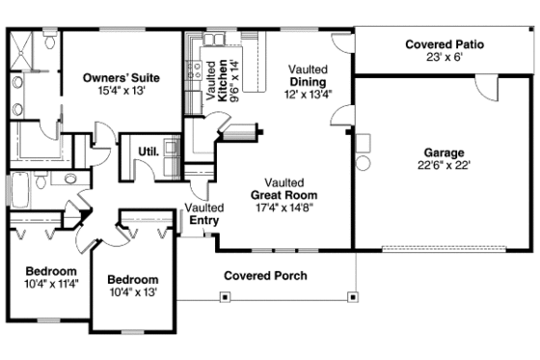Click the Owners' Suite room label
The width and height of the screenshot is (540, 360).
(121, 77)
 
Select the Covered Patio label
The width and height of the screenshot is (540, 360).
(444, 44)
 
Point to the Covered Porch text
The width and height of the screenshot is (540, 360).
(265, 276)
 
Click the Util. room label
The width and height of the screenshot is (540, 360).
(148, 152)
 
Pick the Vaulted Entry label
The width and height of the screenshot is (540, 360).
(203, 213)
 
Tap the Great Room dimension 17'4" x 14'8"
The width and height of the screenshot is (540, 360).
(286, 208)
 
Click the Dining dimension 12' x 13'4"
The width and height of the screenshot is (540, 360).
(309, 95)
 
